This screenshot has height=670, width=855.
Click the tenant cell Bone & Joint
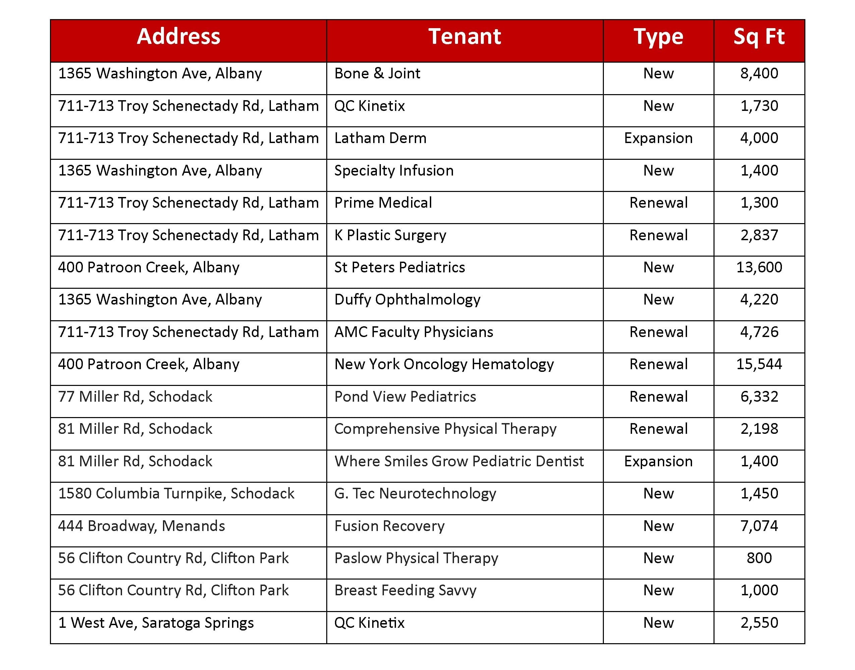pyautogui.click(x=377, y=73)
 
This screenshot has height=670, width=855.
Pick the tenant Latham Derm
pyautogui.click(x=380, y=138)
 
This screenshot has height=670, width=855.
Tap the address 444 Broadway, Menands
pyautogui.click(x=141, y=526)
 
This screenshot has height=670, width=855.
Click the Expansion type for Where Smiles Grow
pyautogui.click(x=658, y=461)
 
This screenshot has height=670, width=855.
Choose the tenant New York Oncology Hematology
pyautogui.click(x=444, y=364)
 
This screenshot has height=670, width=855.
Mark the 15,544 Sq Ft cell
pyautogui.click(x=759, y=364)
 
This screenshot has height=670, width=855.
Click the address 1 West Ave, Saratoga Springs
pyautogui.click(x=156, y=622)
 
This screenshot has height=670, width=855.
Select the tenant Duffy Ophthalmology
pyautogui.click(x=407, y=300)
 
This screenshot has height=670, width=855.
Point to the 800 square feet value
pyautogui.click(x=759, y=558)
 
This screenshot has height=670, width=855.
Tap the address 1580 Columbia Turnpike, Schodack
pyautogui.click(x=176, y=493)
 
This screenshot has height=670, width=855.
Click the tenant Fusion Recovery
pyautogui.click(x=389, y=526)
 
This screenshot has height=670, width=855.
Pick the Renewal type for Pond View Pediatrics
pyautogui.click(x=658, y=397)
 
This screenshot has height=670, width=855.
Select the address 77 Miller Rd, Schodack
pyautogui.click(x=135, y=397)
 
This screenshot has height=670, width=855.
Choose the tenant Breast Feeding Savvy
pyautogui.click(x=405, y=590)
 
